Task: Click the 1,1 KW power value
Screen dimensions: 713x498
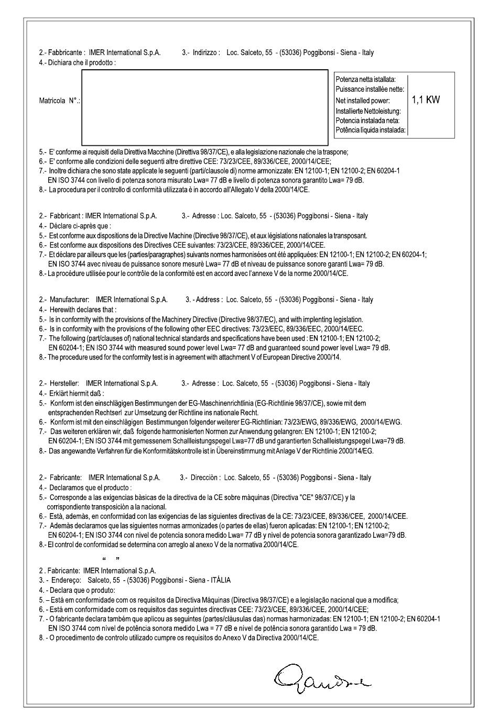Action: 426,100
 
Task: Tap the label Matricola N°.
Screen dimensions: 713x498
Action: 59,100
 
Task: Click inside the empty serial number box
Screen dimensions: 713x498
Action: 204,107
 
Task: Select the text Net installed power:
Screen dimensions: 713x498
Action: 363,100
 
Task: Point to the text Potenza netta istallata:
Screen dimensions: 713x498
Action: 366,79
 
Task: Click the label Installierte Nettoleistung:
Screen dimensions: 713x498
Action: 369,111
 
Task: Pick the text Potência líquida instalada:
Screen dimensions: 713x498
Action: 371,130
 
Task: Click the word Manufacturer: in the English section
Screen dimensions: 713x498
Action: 69,300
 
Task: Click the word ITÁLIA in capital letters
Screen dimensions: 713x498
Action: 220,580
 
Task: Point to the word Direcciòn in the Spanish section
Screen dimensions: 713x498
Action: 205,477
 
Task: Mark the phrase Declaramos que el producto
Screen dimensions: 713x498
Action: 90,487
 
